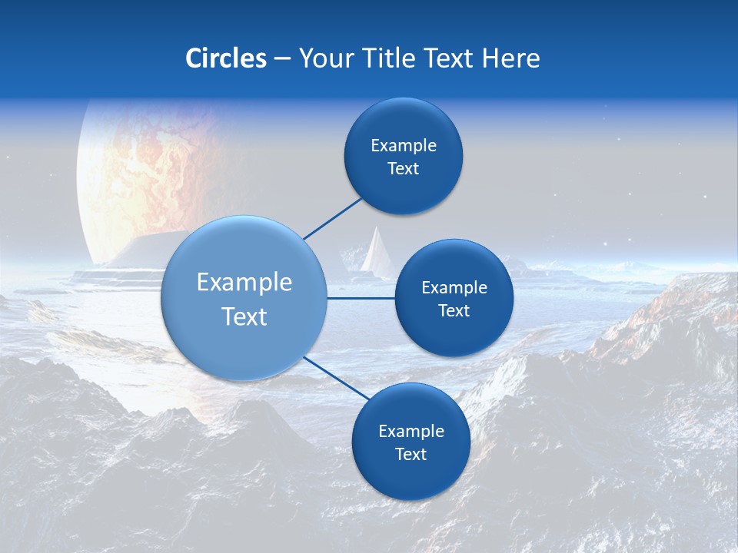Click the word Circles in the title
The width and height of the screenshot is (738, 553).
[225, 58]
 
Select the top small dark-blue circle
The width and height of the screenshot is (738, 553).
[403, 184]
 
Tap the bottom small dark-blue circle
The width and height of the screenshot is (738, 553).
[411, 476]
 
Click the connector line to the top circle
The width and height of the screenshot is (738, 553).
[332, 218]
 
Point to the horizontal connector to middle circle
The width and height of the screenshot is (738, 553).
[361, 298]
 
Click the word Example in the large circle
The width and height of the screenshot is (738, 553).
[244, 283]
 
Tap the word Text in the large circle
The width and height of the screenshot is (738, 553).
[244, 316]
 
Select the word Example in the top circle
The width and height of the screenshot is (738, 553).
[403, 146]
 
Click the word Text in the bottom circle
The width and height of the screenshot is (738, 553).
[411, 455]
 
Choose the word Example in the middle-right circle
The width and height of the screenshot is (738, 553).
[454, 288]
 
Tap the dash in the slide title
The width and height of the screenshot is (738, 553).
[282, 59]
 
